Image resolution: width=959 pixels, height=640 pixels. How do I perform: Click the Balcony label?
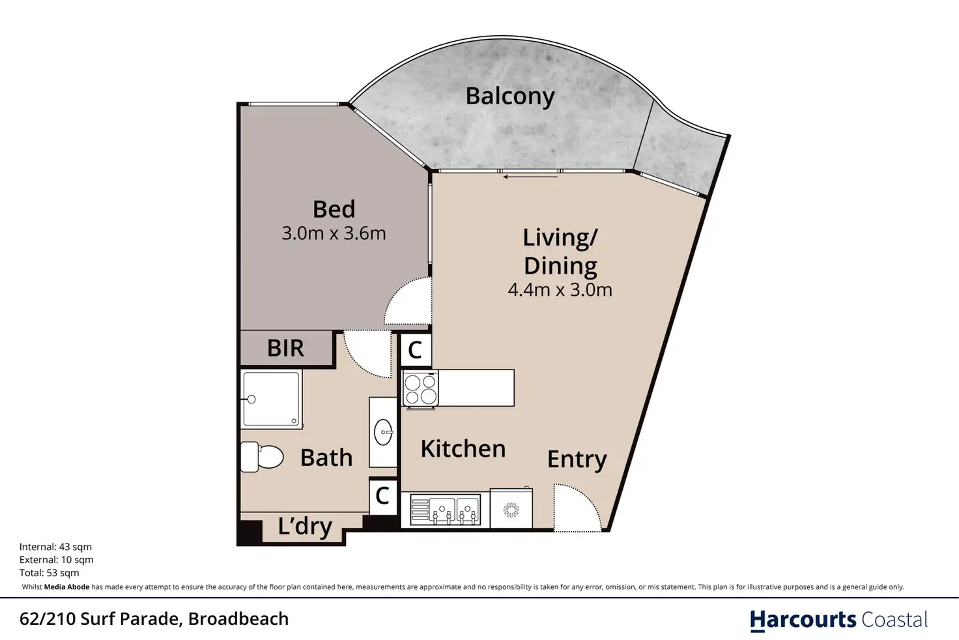point(510,96)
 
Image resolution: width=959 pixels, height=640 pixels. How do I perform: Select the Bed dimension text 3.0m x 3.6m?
point(334,233)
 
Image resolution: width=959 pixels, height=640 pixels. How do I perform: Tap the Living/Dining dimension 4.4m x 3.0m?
point(560,290)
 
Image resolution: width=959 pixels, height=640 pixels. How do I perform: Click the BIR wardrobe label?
point(285,348)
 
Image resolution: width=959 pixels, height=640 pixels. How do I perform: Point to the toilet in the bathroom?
point(262,457)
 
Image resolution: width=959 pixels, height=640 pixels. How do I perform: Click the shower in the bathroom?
point(271,400)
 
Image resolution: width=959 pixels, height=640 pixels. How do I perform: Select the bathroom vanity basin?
point(383,432)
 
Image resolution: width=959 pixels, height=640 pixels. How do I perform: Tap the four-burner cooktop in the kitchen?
point(420,388)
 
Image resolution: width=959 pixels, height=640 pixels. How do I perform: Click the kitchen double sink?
point(445,510)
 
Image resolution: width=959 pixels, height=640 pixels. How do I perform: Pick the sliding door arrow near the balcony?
point(530,177)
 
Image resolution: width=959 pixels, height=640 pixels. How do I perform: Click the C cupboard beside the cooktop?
point(415,351)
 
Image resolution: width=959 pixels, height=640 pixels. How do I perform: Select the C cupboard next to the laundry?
point(382,496)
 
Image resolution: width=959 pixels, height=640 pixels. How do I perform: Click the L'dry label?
point(305,527)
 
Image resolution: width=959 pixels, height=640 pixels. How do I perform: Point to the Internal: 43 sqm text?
point(55,547)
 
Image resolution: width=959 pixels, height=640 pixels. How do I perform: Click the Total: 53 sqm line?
point(50,573)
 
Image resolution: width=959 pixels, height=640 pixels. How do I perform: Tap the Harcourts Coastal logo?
point(838,620)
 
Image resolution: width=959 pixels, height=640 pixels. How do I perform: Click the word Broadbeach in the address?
point(238,619)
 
